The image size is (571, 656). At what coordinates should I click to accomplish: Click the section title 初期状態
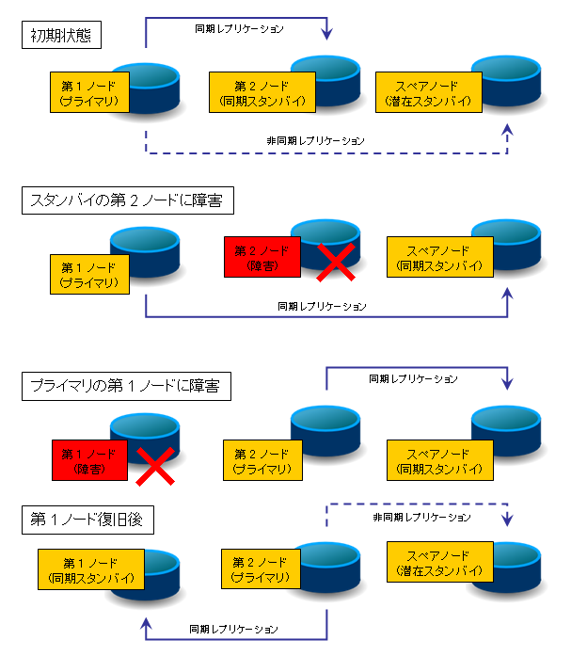(61, 35)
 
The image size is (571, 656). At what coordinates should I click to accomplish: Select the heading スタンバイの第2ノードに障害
(128, 200)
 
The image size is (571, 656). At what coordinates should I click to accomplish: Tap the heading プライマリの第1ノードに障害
(126, 386)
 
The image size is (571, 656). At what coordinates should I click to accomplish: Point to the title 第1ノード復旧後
(87, 520)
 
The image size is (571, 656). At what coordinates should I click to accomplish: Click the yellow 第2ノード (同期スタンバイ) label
(262, 92)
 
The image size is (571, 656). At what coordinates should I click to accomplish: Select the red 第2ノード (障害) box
(262, 257)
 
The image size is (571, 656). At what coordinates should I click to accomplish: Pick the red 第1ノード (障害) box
(89, 460)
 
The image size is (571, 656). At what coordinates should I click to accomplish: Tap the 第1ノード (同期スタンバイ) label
(91, 569)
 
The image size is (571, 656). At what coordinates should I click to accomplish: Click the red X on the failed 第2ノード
(336, 263)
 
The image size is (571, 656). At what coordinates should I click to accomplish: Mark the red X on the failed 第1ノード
(155, 467)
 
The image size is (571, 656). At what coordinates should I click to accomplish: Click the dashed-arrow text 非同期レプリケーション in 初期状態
(315, 140)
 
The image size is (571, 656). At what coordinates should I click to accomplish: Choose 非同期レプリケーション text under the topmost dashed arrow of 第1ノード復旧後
(421, 518)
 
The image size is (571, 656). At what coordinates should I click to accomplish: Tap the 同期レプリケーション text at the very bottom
(233, 630)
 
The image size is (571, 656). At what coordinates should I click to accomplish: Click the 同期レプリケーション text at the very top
(239, 29)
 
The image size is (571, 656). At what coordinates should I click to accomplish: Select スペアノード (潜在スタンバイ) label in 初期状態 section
(428, 92)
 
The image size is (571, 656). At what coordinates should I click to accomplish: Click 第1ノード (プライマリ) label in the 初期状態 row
(89, 92)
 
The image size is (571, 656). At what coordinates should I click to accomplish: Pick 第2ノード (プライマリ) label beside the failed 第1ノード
(262, 460)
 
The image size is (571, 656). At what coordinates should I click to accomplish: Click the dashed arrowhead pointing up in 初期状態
(507, 130)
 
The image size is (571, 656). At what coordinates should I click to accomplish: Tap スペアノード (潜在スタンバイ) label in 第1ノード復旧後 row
(439, 562)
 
